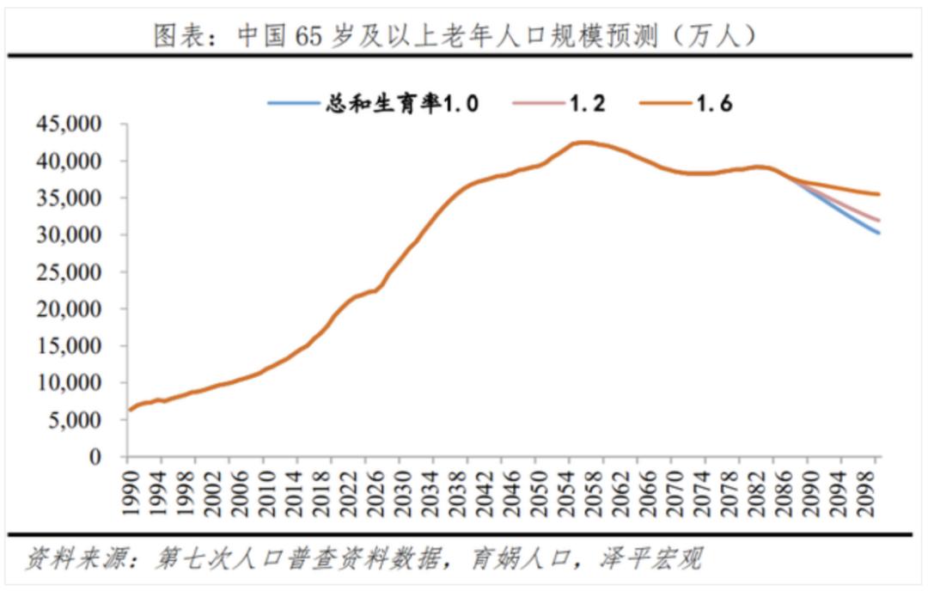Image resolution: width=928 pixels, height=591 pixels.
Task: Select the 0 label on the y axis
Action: (110, 457)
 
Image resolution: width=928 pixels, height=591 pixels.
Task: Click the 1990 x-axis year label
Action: (131, 490)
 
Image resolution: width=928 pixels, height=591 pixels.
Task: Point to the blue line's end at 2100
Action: (878, 233)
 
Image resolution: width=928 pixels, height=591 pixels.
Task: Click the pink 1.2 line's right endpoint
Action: (878, 221)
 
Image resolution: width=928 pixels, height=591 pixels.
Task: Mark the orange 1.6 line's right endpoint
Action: (878, 194)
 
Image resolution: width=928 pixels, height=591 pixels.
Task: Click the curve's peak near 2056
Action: (583, 143)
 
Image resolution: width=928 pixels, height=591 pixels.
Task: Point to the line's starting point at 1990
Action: (129, 410)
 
